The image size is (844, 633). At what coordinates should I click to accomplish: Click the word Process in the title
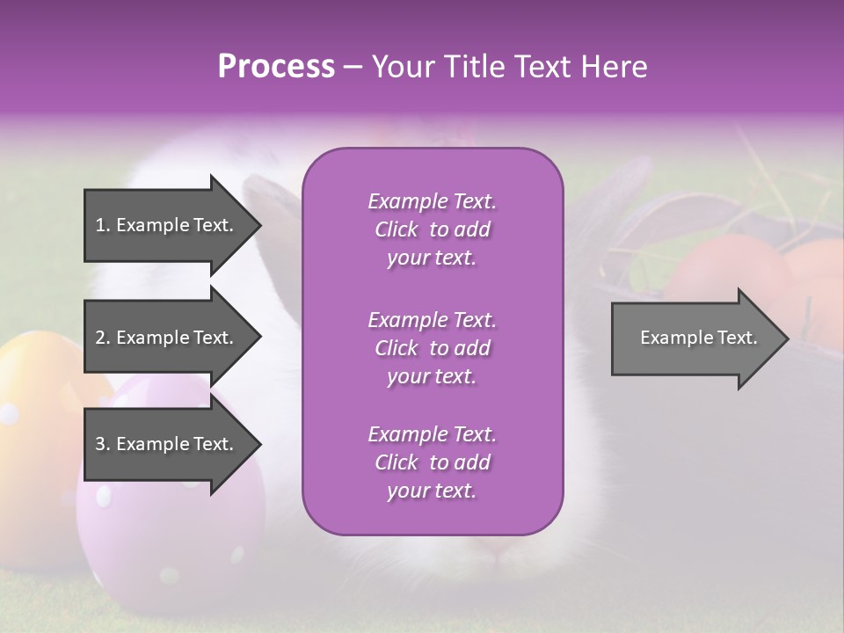point(276,67)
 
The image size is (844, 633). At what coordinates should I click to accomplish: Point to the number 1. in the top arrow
point(102,225)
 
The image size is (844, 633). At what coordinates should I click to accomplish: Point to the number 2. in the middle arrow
point(102,338)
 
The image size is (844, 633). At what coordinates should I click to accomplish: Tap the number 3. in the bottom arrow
point(102,444)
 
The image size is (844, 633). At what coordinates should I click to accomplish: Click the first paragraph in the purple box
point(432,229)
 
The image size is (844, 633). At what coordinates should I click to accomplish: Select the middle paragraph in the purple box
point(432,348)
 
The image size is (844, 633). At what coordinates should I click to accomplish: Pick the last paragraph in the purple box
point(432,462)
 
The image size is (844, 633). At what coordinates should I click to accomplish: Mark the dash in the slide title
point(353,68)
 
